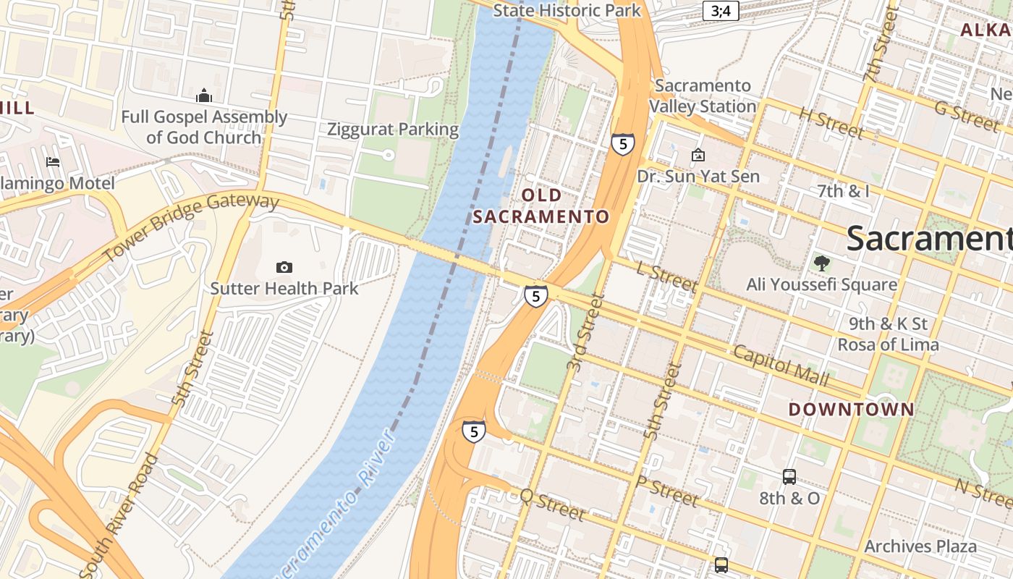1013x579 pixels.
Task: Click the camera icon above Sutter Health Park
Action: tap(284, 267)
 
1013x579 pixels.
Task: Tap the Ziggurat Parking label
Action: tap(393, 130)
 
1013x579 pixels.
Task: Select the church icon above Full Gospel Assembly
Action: tap(204, 96)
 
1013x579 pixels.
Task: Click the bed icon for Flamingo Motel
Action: tap(52, 161)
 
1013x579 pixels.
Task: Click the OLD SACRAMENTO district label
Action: tap(541, 206)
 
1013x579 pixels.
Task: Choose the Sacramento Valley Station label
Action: tap(702, 96)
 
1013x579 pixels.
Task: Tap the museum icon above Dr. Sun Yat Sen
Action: tap(698, 155)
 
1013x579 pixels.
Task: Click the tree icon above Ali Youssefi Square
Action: tap(821, 263)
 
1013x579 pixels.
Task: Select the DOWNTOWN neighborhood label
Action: tap(852, 409)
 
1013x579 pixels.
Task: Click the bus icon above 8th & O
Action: tap(789, 477)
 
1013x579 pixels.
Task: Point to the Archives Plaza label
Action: tap(920, 546)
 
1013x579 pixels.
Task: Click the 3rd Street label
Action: tap(585, 332)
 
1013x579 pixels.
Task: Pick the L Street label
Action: tap(666, 277)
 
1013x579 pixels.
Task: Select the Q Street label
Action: tap(553, 504)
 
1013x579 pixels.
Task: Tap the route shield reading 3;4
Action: tap(721, 11)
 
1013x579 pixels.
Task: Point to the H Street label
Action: tap(831, 122)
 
